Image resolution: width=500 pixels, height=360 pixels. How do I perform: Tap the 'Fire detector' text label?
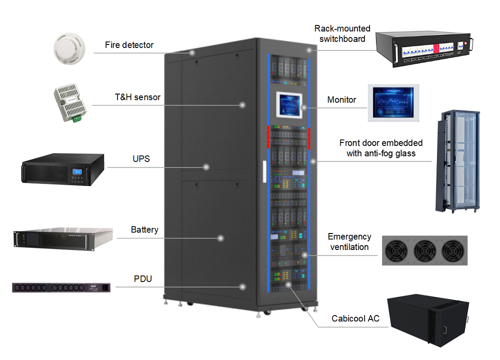(129, 45)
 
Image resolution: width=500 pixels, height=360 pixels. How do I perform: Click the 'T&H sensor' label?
(137, 97)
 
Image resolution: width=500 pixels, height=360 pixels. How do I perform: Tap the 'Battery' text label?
(144, 230)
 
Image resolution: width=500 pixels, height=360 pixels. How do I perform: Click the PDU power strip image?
(61, 287)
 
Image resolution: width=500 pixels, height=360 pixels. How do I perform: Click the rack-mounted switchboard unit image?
(424, 48)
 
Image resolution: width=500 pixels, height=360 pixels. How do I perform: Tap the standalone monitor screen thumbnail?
(393, 102)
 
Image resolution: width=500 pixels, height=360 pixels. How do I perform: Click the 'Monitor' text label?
(341, 100)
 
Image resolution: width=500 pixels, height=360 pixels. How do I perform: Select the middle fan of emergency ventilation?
(424, 250)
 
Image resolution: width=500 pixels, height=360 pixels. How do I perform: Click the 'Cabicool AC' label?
(355, 318)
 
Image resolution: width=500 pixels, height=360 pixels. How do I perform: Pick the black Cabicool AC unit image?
(428, 320)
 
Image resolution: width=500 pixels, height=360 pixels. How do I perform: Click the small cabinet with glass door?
(457, 160)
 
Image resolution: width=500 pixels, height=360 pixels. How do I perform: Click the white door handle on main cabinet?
(261, 169)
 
